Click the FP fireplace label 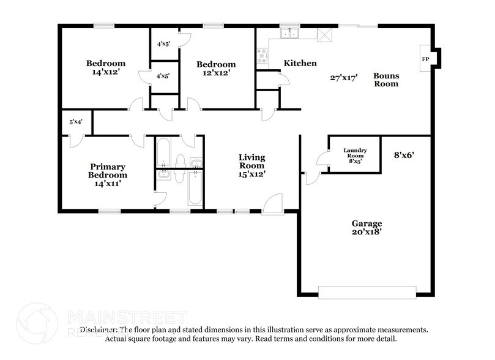(x=425, y=59)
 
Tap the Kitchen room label (x=300, y=63)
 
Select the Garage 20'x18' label (x=367, y=228)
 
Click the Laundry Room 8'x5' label (x=354, y=156)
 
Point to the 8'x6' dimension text (x=405, y=156)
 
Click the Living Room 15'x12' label (x=251, y=165)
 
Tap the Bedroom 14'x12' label (x=105, y=67)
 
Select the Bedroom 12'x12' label (x=215, y=69)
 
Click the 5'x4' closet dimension (x=75, y=122)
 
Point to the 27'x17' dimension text (x=343, y=77)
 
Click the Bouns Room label (x=386, y=80)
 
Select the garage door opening (x=367, y=292)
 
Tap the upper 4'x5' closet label (x=163, y=43)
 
